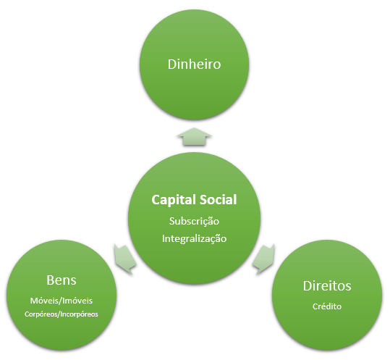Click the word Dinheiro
194,64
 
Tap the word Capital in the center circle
174,200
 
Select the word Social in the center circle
218,199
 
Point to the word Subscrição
194,222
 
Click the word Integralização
194,238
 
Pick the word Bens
62,280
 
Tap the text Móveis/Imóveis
62,301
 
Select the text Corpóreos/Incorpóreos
62,314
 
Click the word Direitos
327,286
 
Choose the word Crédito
327,306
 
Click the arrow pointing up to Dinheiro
194,136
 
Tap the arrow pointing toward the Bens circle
125,259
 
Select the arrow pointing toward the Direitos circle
263,259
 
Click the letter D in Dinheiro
172,64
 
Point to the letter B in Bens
50,280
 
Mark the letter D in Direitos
308,286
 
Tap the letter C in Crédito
315,306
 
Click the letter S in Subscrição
172,221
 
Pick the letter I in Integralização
164,238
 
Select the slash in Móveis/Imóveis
61,301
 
